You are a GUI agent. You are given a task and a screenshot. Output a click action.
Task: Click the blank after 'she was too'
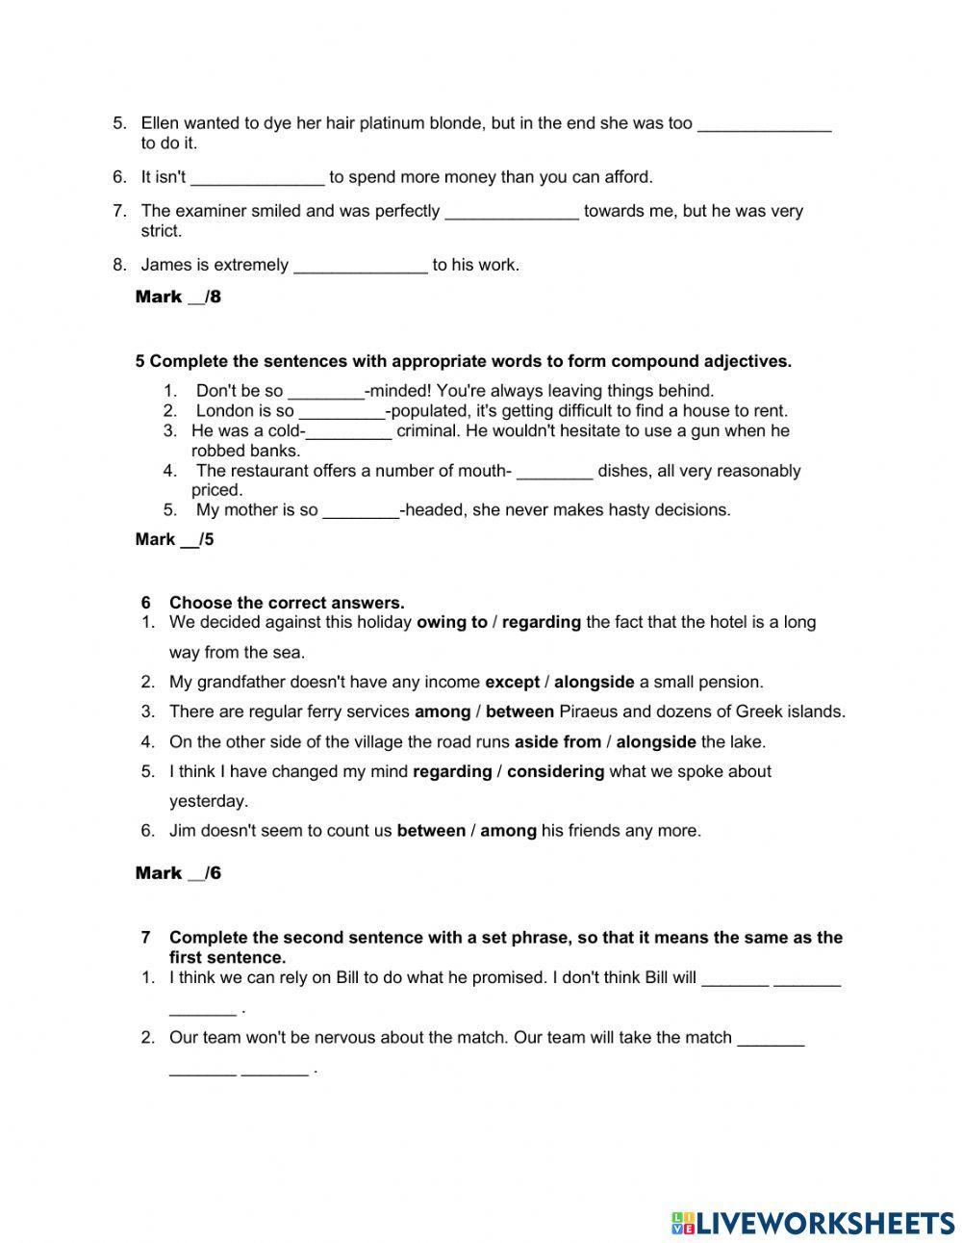(764, 124)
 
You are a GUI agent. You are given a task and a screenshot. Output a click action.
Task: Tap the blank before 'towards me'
(512, 212)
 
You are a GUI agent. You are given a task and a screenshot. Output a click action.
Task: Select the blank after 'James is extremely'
(361, 266)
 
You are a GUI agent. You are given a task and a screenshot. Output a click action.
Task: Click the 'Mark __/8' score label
(178, 297)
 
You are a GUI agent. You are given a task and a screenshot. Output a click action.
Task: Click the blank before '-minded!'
(326, 391)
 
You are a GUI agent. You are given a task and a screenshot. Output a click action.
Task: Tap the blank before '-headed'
(361, 510)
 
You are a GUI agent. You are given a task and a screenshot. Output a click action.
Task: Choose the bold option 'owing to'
(451, 622)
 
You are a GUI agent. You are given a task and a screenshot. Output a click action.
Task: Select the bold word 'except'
(512, 682)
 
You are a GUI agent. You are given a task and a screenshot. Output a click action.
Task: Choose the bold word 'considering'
(555, 771)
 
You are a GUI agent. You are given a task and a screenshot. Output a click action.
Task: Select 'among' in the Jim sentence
(508, 830)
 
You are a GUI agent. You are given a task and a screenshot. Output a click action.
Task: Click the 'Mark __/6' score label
(178, 873)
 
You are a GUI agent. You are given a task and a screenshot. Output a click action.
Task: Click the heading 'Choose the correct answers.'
(287, 603)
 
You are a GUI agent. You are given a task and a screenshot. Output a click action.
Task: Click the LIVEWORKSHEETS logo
(813, 1223)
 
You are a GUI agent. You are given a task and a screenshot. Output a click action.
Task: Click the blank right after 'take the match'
(771, 1038)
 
